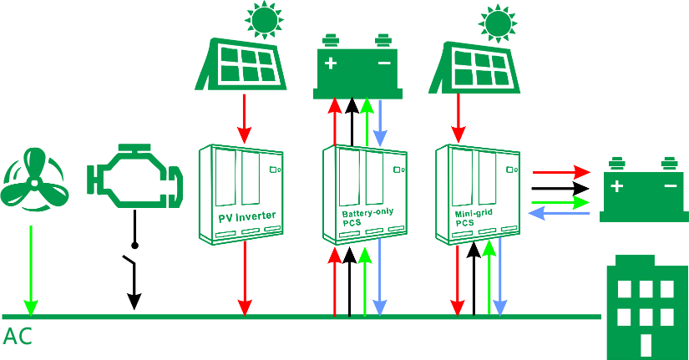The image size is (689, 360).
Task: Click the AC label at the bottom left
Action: [x=18, y=337]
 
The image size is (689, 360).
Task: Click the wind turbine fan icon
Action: [x=32, y=178]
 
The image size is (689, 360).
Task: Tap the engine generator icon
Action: [x=134, y=177]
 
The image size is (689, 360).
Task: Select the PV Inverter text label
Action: [x=246, y=217]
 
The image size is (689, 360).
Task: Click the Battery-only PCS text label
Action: [x=367, y=218]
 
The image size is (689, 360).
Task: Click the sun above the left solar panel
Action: [x=263, y=20]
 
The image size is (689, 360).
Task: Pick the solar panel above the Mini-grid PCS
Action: [x=475, y=67]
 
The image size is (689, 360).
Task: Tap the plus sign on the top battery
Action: [x=332, y=63]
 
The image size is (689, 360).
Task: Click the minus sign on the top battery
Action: [x=384, y=63]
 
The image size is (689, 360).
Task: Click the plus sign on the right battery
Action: [x=616, y=186]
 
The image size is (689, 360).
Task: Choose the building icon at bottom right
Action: [x=644, y=306]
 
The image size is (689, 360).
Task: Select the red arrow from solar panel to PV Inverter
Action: [x=244, y=118]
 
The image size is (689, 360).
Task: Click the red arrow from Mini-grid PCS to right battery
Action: [x=560, y=172]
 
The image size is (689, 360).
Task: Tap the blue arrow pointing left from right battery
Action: [x=560, y=214]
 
